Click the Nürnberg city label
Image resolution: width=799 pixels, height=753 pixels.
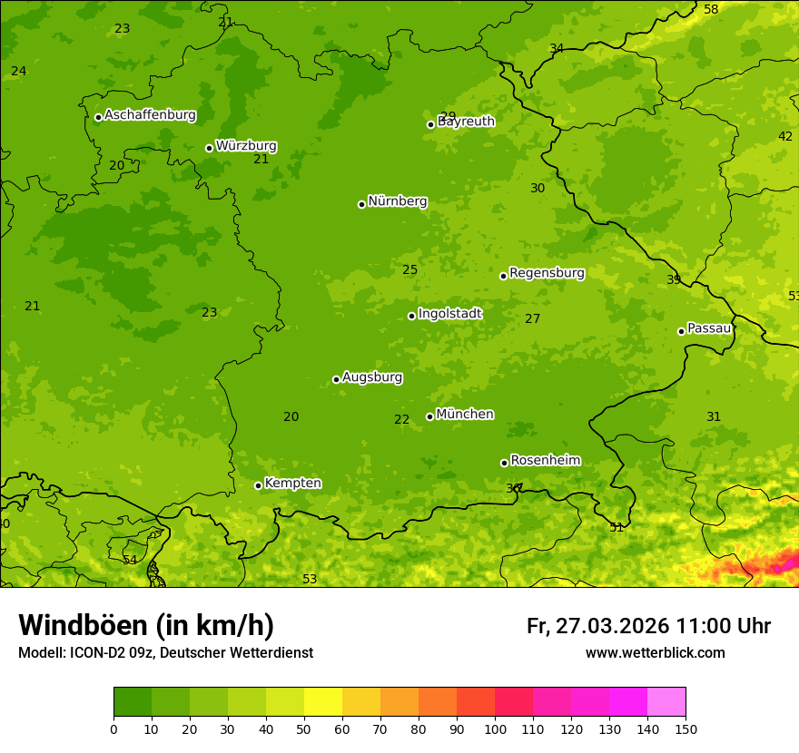point(397,201)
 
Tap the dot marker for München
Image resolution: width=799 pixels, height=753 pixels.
point(430,416)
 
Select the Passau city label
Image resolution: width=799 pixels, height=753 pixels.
point(709,328)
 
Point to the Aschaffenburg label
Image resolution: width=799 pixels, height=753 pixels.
point(150,115)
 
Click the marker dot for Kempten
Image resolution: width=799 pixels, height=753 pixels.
point(258,485)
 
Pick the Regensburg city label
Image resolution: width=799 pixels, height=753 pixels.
point(547,273)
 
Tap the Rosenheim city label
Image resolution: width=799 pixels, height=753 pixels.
point(545,461)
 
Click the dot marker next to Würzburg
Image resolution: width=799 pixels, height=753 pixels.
point(209,148)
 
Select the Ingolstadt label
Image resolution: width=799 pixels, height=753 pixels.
point(449,314)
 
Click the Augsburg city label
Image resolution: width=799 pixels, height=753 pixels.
point(372,376)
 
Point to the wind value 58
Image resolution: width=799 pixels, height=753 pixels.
point(711,9)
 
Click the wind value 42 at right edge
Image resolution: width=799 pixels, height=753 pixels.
point(785,137)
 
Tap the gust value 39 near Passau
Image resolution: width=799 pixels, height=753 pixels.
point(674,279)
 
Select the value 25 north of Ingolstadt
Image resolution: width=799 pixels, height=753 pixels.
point(410,269)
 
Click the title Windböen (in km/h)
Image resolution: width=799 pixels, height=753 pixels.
point(146,625)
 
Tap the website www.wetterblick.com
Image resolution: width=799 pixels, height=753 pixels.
point(655,653)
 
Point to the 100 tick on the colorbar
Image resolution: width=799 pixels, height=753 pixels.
point(495,728)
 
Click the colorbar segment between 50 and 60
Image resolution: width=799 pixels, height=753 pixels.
point(323,702)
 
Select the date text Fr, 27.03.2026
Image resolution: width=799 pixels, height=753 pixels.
point(597,626)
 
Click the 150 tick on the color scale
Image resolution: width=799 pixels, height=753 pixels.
point(686,728)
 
